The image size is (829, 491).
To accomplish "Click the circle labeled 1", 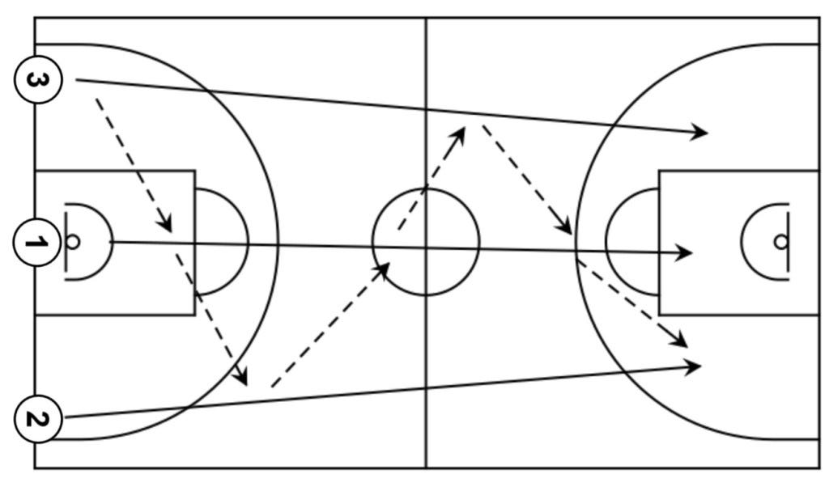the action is (x=37, y=242).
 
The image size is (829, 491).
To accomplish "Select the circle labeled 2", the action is (x=37, y=419).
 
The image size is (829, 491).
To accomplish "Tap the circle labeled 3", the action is (x=37, y=80).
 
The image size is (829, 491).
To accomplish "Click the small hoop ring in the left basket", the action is (x=72, y=242).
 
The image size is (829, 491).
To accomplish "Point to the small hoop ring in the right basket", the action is (x=780, y=242).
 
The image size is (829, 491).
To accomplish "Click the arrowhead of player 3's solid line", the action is (x=700, y=132).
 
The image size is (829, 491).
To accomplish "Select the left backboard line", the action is (x=65, y=242).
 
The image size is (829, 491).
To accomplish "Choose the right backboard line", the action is (x=788, y=242).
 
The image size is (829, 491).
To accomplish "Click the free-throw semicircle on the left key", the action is (x=246, y=242).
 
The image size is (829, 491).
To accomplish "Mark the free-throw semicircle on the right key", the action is (x=606, y=242).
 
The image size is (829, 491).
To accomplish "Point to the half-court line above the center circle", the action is (x=426, y=97).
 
